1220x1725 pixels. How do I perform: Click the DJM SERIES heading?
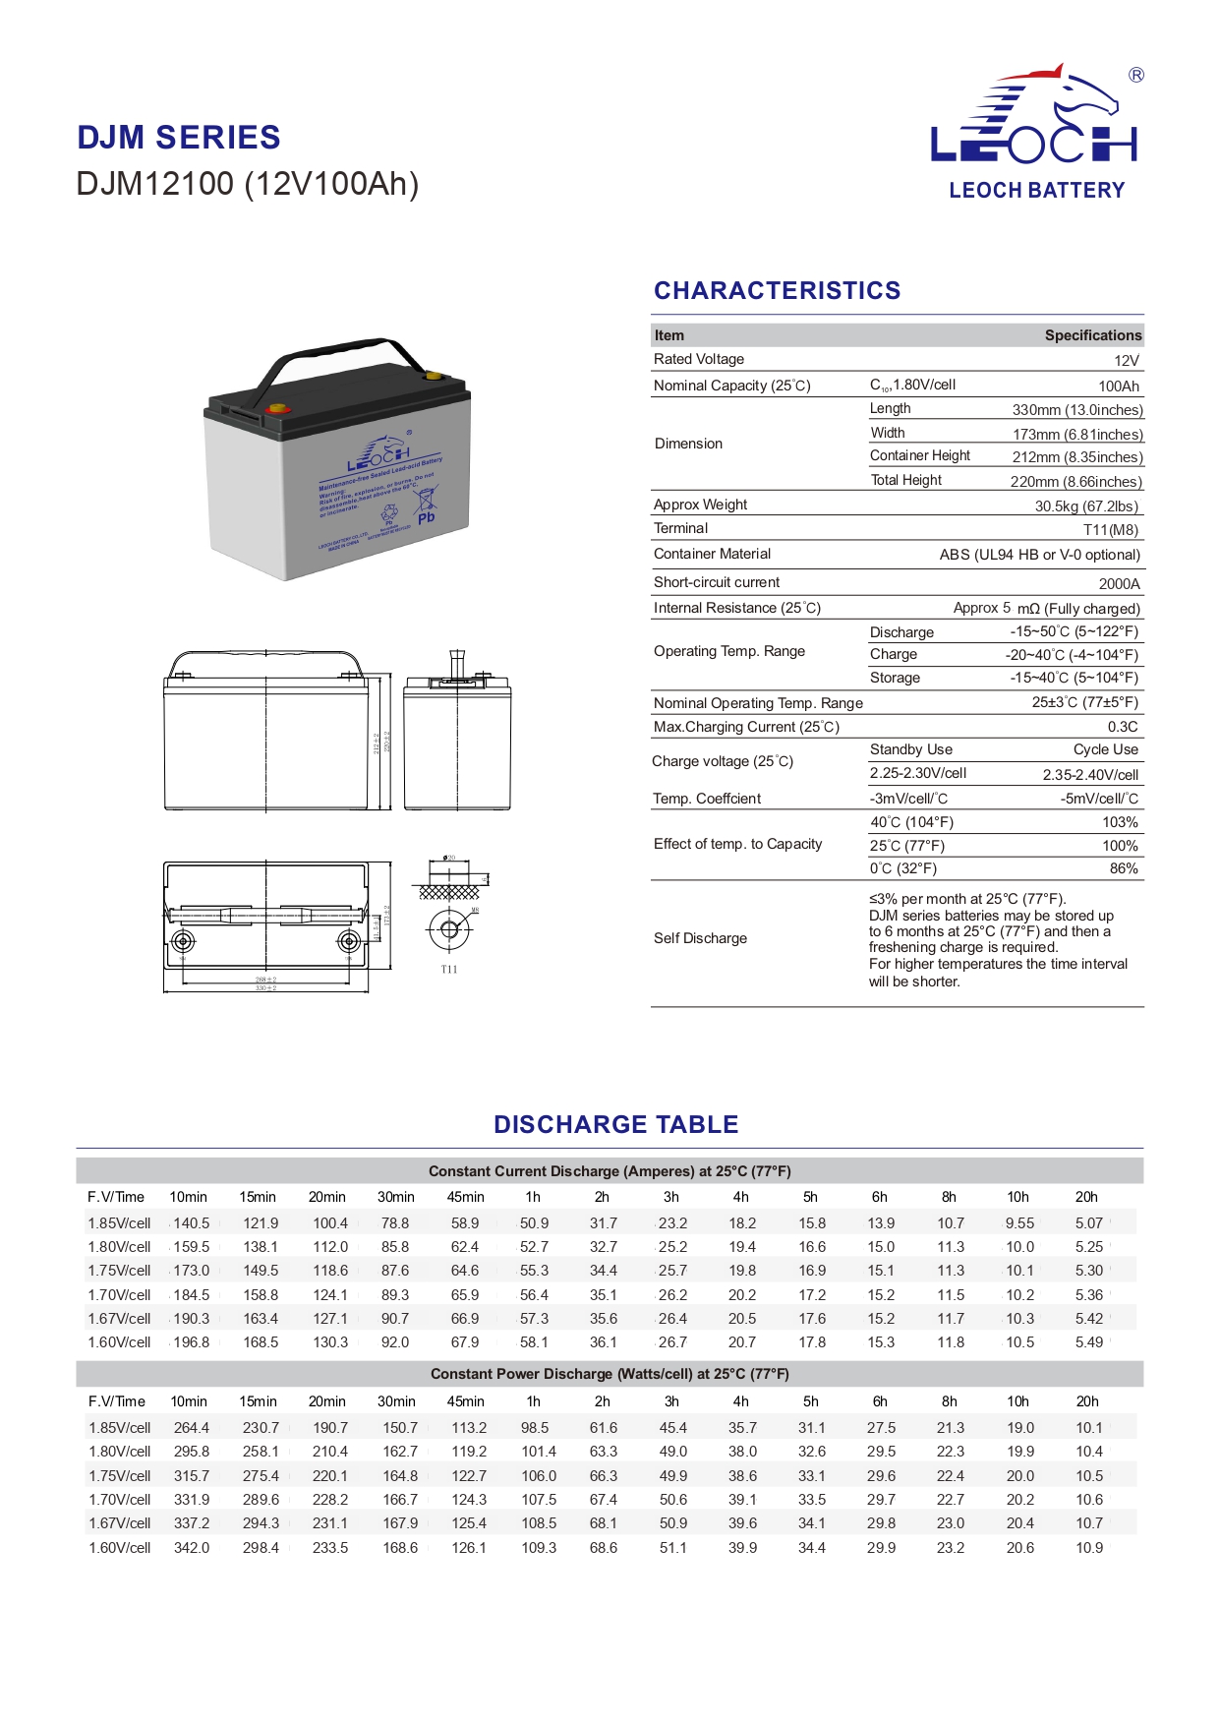179,138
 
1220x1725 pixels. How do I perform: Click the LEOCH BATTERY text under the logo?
1036,191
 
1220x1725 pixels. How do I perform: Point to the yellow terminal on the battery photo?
432,375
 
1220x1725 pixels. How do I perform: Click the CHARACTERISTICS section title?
777,291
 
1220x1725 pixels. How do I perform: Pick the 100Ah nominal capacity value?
1118,387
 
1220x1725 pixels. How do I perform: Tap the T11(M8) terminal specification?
1110,530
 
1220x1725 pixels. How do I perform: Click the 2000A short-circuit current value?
1119,583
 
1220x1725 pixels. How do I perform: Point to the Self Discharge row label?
700,938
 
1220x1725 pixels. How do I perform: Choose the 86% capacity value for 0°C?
1123,868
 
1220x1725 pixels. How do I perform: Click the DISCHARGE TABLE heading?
615,1124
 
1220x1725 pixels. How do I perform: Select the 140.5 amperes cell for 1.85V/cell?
191,1223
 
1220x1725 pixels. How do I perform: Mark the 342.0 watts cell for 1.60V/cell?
191,1548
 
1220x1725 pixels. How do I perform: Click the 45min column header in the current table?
465,1197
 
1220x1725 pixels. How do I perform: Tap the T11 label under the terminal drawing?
449,970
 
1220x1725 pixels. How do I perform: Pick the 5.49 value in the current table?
1088,1342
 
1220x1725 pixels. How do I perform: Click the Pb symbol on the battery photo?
426,517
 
